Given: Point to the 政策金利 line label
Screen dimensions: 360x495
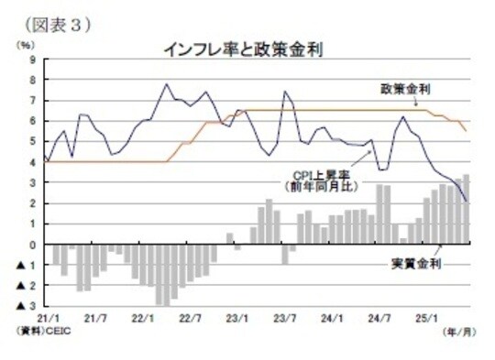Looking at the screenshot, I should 407,88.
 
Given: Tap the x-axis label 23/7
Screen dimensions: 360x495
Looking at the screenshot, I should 286,318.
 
